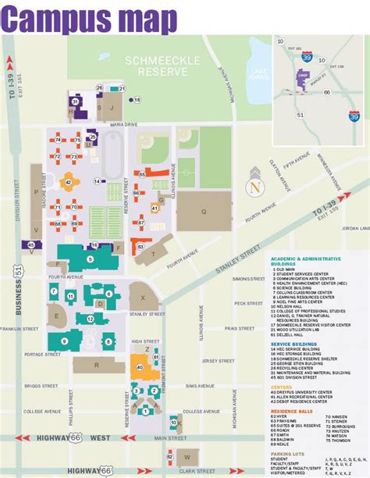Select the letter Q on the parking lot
point(203,211)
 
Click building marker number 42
point(69,181)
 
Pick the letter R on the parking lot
point(98,365)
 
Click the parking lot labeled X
point(142,298)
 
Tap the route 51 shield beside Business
point(20,270)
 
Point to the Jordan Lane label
point(354,229)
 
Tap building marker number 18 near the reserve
point(137,100)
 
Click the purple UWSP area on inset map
point(303,77)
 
